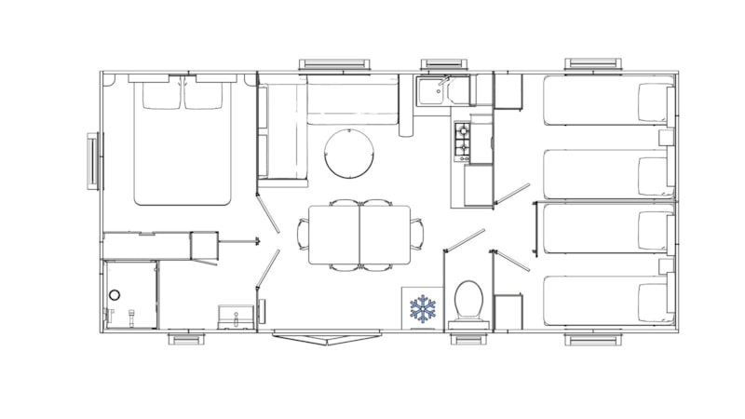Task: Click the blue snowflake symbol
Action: click(x=424, y=309)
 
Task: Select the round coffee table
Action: click(x=350, y=153)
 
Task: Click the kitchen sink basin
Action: click(x=431, y=91)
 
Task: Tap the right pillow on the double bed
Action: click(x=204, y=96)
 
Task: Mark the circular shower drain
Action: click(x=115, y=295)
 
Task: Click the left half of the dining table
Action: click(x=333, y=235)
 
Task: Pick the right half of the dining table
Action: click(x=385, y=235)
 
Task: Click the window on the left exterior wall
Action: click(x=93, y=160)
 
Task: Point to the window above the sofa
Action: click(x=335, y=64)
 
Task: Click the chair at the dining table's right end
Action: click(x=416, y=234)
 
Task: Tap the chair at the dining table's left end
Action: click(x=302, y=234)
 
